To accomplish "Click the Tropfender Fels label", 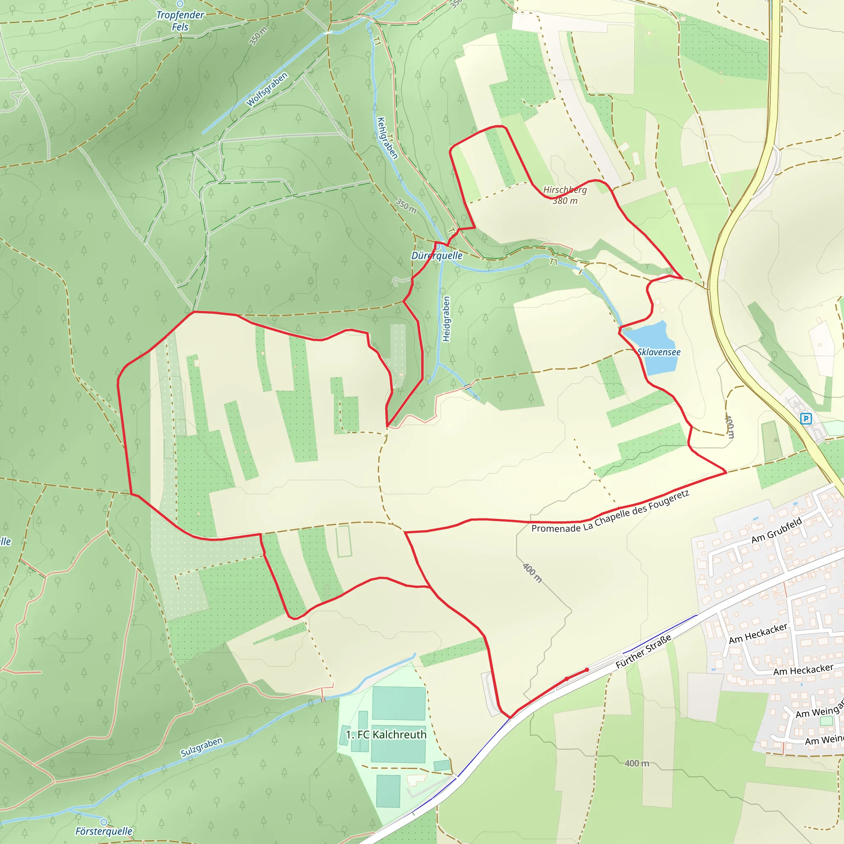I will [x=180, y=21].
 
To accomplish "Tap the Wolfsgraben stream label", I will [x=267, y=89].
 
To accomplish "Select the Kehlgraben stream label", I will [x=387, y=138].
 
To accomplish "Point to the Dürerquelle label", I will [x=436, y=256].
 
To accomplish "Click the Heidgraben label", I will [x=446, y=319].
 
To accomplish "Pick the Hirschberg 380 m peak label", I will [x=565, y=195].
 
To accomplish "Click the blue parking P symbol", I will [x=806, y=419].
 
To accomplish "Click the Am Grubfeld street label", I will [x=777, y=530].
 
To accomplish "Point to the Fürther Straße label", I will [x=643, y=652].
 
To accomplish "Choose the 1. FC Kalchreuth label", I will [x=386, y=735].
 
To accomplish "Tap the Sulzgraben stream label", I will [x=202, y=747].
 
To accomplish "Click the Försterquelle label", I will [x=103, y=831].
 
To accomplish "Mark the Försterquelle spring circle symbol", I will [x=103, y=822].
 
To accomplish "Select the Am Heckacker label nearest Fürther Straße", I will [x=758, y=633].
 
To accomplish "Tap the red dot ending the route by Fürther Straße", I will [x=587, y=670].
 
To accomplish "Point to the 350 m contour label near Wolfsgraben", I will [x=258, y=36].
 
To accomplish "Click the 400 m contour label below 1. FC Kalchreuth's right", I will [x=636, y=763].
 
